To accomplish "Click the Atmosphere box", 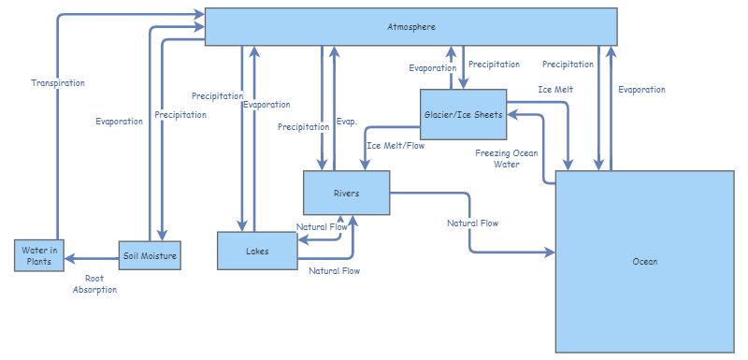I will (x=410, y=26).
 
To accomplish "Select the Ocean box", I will (x=644, y=262).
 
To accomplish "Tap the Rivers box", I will (x=346, y=194).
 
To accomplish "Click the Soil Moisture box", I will (x=150, y=254).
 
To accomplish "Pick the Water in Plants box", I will (x=39, y=255).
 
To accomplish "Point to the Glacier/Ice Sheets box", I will (x=463, y=115).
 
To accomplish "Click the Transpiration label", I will (x=57, y=83).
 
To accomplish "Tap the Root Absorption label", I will (x=94, y=284).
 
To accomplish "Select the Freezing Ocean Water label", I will (x=507, y=158).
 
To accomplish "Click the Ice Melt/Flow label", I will (x=395, y=146).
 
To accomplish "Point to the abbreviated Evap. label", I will (x=346, y=122).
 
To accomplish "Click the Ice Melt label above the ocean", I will (x=555, y=90).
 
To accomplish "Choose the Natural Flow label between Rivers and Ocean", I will (x=472, y=223).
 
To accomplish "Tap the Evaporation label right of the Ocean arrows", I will (x=641, y=90).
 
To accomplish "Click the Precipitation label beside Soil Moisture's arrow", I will (x=180, y=115).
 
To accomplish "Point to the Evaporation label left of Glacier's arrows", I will (x=432, y=68).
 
